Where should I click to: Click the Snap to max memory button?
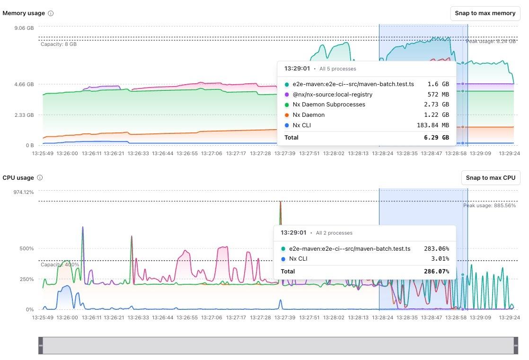485,13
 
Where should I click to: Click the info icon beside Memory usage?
51,13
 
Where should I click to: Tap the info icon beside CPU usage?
40,178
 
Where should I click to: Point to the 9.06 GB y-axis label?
24,28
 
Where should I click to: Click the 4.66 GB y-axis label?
24,85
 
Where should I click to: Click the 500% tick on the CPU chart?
26,249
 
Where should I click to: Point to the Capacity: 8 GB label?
58,44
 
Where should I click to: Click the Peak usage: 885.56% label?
489,205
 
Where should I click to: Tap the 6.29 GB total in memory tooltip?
438,138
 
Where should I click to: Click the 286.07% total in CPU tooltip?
436,272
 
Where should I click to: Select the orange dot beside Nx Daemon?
287,115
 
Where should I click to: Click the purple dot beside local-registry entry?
287,95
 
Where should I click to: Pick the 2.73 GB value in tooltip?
438,105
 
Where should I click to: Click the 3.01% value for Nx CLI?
440,259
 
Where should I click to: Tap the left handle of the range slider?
40,345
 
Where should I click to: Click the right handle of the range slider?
516,345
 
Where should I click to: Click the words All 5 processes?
338,69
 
